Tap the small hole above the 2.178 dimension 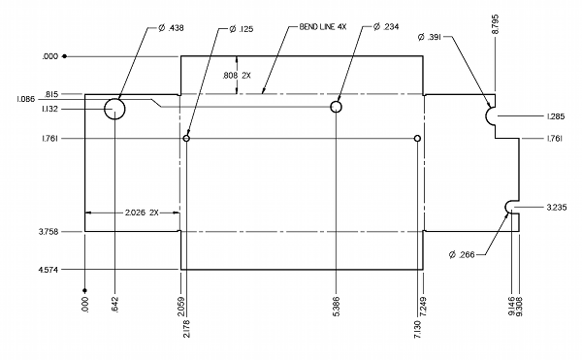point(186,136)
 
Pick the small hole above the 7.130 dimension point(417,136)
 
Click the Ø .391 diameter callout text point(430,37)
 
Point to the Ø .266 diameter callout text point(462,255)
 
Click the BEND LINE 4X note point(323,27)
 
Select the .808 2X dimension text point(237,76)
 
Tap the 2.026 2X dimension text point(142,213)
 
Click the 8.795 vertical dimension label point(495,24)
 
